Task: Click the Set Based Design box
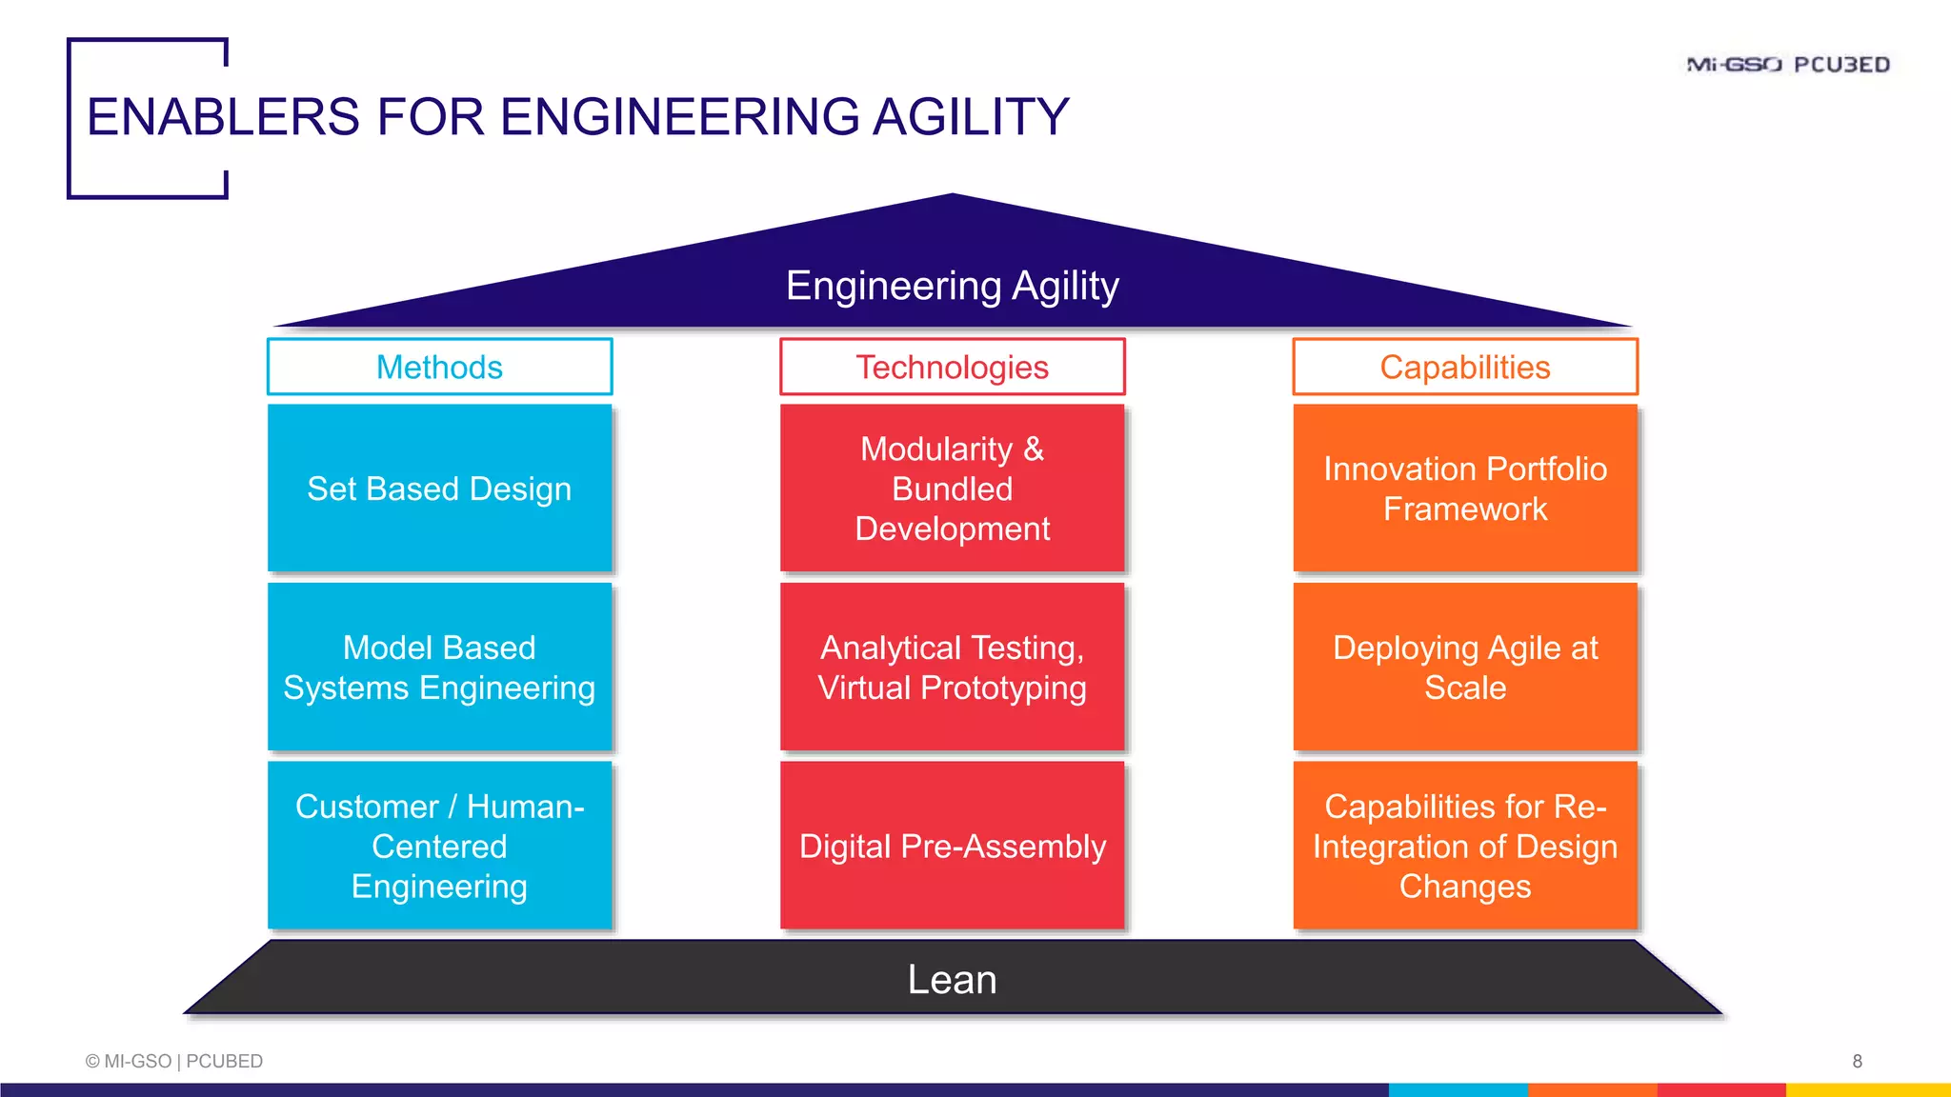click(x=439, y=489)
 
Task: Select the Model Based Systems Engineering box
click(x=439, y=668)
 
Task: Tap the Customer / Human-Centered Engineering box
click(x=439, y=846)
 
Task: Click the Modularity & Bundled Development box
click(x=952, y=489)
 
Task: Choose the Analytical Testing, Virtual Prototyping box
click(x=952, y=668)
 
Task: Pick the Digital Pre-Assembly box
click(x=952, y=846)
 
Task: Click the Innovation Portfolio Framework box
click(x=1465, y=489)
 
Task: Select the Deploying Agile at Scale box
click(x=1465, y=668)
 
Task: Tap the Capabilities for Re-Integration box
click(x=1465, y=846)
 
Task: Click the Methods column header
click(x=439, y=367)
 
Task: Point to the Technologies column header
click(x=952, y=367)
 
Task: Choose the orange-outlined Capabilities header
click(x=1465, y=367)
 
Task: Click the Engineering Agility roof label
click(x=952, y=286)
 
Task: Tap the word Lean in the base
click(x=952, y=979)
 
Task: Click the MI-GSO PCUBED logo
click(x=1787, y=65)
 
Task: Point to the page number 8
click(x=1857, y=1061)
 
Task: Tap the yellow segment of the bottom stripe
click(x=1867, y=1089)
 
